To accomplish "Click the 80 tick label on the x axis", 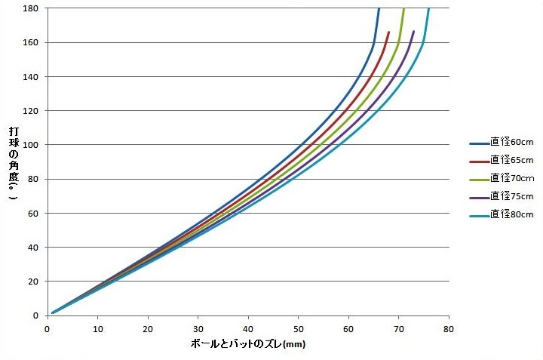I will click(449, 329).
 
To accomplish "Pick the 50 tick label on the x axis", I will click(299, 329).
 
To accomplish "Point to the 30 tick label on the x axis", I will click(198, 329).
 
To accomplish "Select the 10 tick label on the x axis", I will click(97, 329).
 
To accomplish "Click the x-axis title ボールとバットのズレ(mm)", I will click(248, 344).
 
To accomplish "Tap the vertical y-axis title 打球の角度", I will click(14, 162).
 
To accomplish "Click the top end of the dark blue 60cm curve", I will click(379, 9).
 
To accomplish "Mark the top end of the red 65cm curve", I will click(389, 32).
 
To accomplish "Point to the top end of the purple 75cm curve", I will click(413, 32).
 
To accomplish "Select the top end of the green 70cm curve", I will click(403, 9).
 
